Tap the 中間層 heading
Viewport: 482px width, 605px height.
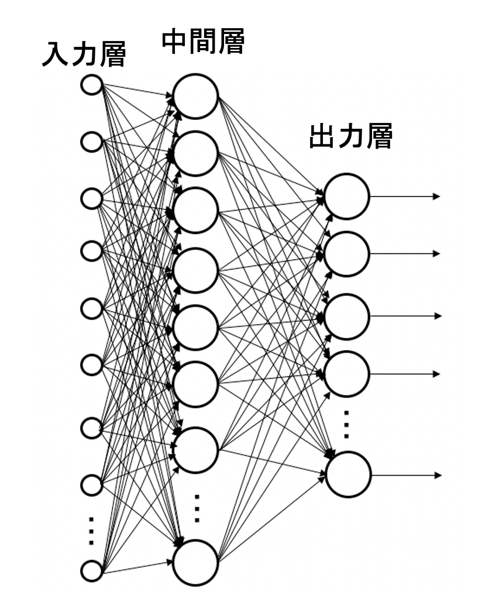(x=202, y=42)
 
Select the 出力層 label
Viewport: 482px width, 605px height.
(x=350, y=137)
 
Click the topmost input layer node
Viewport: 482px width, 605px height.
(x=91, y=85)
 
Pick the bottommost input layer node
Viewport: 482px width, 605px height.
(x=91, y=569)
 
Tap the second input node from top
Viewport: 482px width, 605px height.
(x=91, y=142)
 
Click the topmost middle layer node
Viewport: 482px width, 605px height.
(x=195, y=97)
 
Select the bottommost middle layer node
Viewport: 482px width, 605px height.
(x=195, y=562)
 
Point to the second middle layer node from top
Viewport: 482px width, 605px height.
(x=195, y=153)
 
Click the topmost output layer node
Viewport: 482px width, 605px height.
(x=347, y=196)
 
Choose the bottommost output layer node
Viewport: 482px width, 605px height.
(x=349, y=474)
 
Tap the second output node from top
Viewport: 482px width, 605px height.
(x=347, y=253)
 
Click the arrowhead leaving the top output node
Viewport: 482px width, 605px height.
(x=436, y=196)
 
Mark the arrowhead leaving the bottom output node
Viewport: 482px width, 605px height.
(x=436, y=474)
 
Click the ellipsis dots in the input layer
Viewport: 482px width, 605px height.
(x=91, y=530)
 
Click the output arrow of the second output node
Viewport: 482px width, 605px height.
(x=404, y=253)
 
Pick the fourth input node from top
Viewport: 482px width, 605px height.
(x=91, y=252)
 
